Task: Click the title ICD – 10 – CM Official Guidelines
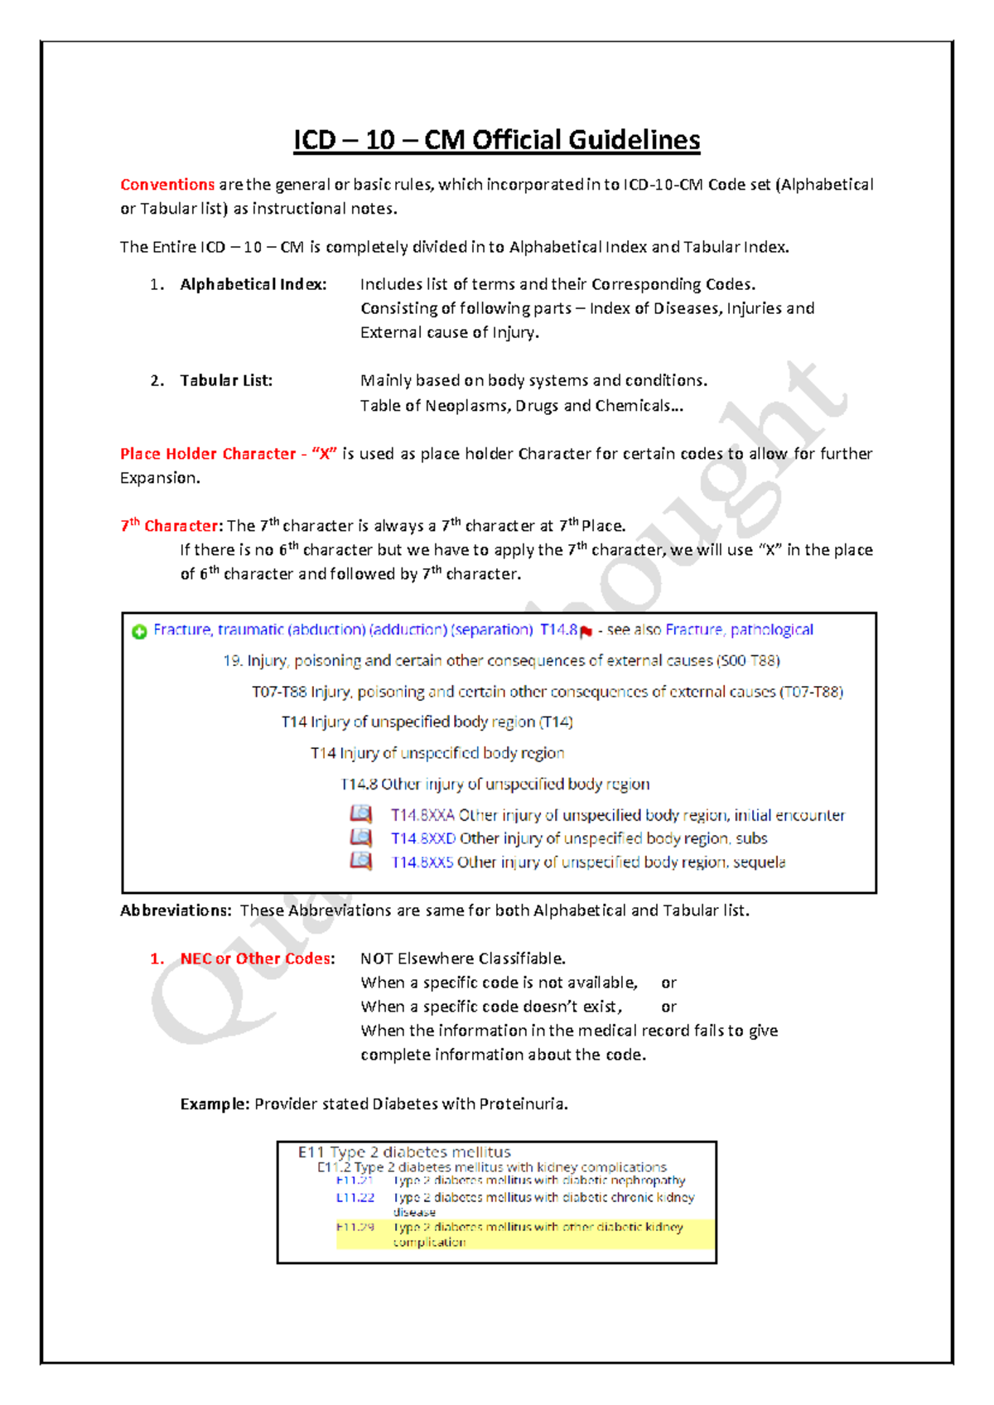coord(496,140)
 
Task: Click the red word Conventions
coord(167,185)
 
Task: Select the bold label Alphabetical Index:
coord(253,284)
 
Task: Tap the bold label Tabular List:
coord(226,380)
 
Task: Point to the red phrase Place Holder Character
coord(208,454)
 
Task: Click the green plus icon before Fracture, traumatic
coord(139,631)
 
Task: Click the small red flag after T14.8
coord(586,632)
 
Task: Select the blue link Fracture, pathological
coord(739,630)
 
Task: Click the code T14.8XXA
coord(422,815)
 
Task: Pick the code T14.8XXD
coord(422,838)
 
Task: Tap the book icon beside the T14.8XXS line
coord(360,862)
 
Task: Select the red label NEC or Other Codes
coord(255,958)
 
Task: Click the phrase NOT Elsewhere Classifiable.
coord(462,958)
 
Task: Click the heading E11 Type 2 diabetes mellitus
coord(404,1152)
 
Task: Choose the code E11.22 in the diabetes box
coord(355,1197)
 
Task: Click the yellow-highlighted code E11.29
coord(355,1227)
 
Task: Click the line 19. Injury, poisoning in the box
coord(501,660)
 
